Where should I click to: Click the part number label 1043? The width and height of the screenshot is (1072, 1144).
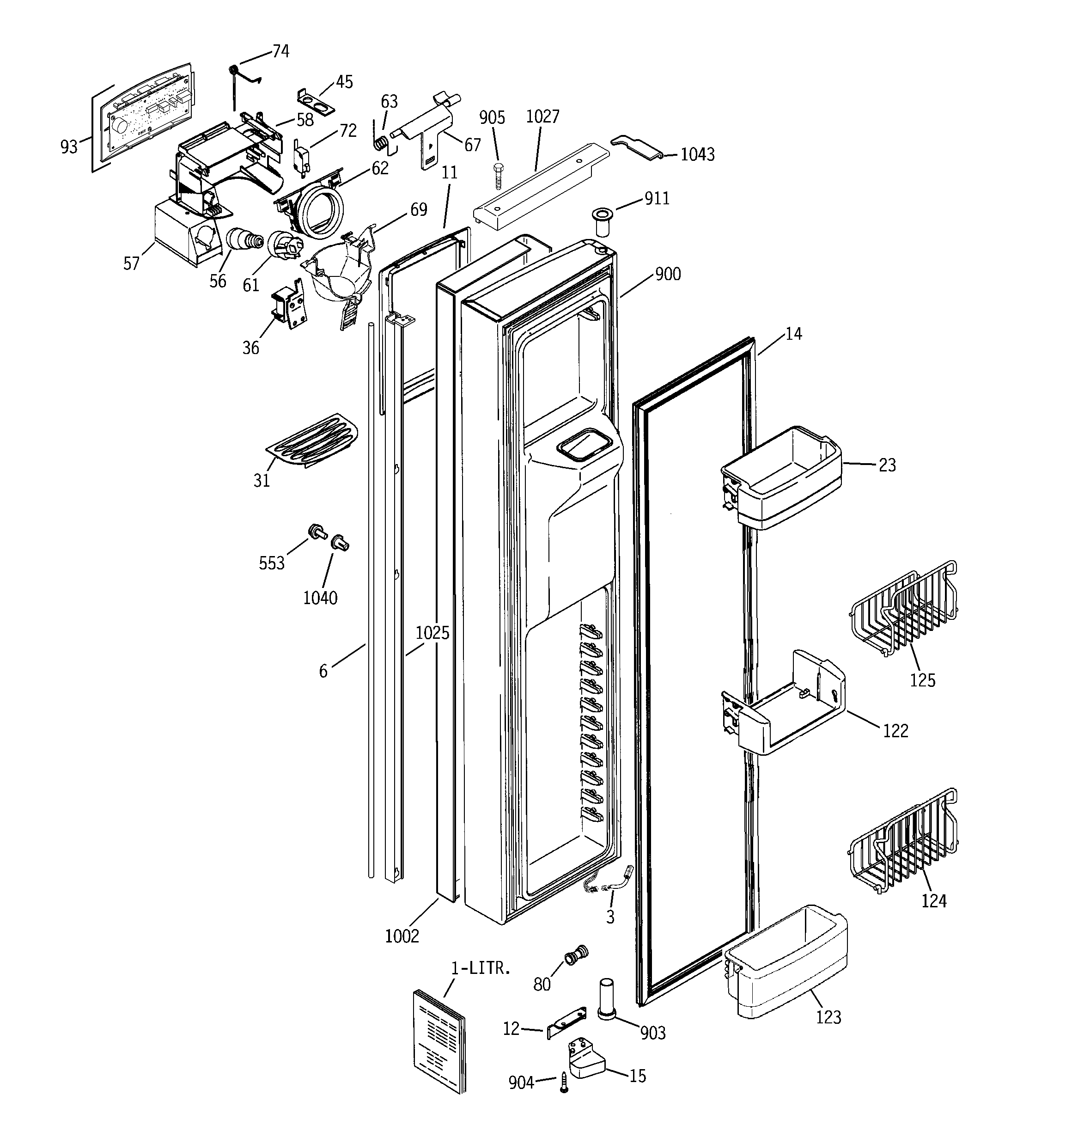click(697, 154)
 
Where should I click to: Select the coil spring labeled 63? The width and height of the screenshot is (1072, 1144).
click(380, 143)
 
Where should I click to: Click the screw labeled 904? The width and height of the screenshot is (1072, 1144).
click(564, 1083)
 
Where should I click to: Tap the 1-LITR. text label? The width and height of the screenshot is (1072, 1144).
click(481, 968)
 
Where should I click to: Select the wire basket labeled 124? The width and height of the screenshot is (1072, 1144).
click(903, 840)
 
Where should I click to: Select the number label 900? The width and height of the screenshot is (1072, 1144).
click(668, 274)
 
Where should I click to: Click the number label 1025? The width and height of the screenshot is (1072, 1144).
click(432, 632)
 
